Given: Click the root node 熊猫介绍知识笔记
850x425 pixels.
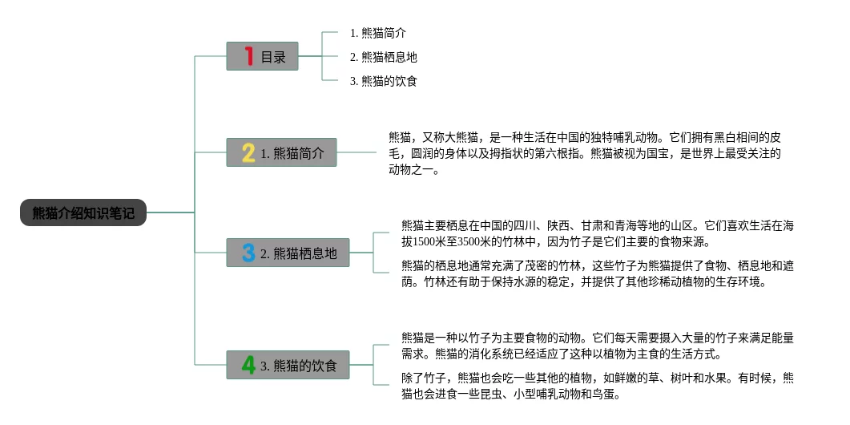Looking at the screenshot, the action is point(83,212).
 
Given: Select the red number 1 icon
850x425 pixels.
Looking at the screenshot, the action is point(249,56).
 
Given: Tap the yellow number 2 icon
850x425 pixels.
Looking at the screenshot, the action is point(248,152).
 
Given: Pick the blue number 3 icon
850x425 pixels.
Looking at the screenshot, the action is point(248,253).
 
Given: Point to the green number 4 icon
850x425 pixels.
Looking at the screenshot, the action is point(248,366).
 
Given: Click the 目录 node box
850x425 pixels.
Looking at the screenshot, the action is point(262,56).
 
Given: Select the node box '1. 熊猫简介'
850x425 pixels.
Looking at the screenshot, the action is point(281,152).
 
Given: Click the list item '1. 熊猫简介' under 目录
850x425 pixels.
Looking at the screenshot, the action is point(378,33).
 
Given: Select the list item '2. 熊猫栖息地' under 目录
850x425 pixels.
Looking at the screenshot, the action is point(384,57).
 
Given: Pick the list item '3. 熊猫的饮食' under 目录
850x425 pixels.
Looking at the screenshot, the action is point(384,81).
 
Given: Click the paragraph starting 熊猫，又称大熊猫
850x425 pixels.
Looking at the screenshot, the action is point(585,152).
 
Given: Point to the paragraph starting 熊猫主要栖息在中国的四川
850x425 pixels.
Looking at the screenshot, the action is point(598,233).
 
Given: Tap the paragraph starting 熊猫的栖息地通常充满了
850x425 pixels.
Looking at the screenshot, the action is point(598,273).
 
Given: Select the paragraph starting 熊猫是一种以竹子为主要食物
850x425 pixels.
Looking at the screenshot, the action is point(598,346).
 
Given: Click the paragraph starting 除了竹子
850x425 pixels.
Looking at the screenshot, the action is point(598,386).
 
